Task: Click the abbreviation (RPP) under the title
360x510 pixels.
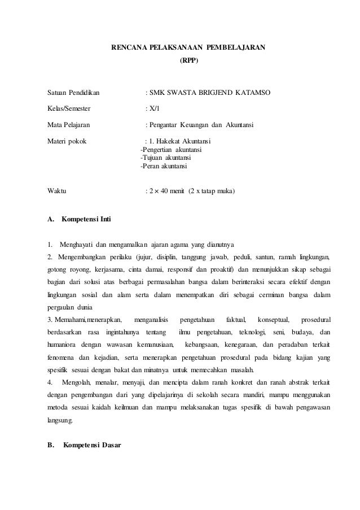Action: tap(188, 59)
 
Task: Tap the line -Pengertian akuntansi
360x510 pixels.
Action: tap(172, 150)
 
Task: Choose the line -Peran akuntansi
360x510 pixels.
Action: tap(165, 167)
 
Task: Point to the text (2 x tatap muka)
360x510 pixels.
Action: tap(212, 191)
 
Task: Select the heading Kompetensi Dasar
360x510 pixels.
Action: tap(87, 444)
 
